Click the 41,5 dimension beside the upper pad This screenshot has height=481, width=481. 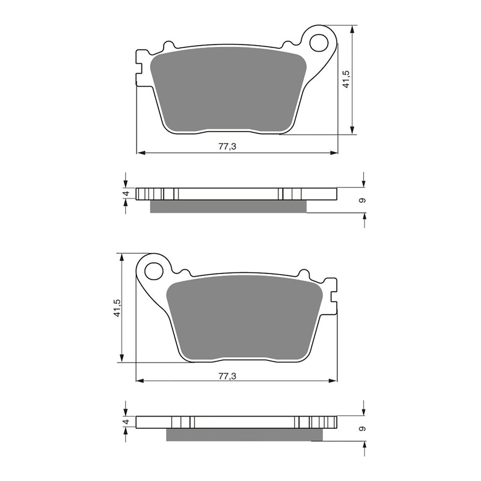[x=346, y=79]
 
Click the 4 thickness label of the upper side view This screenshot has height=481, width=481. [x=126, y=194]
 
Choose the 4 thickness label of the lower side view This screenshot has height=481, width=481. [x=126, y=423]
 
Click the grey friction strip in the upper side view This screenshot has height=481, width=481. [x=228, y=206]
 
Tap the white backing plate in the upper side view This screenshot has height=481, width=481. [x=228, y=194]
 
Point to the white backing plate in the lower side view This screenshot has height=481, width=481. [x=240, y=422]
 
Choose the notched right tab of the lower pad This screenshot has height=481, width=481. [x=333, y=296]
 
